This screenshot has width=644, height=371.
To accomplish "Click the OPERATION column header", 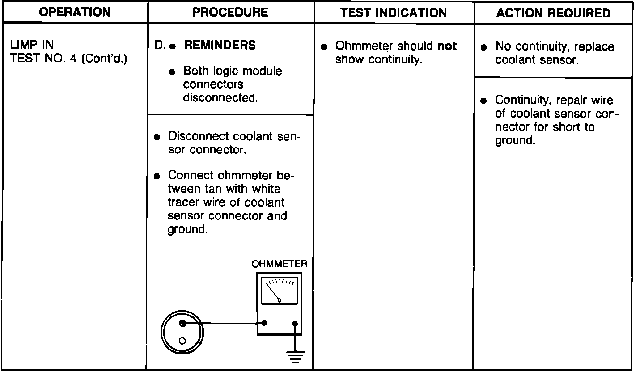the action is pos(75,13).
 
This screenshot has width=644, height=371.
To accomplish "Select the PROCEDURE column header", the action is pos(231,13).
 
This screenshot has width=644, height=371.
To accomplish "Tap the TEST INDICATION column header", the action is pos(394,13).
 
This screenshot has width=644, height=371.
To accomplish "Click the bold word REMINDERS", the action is pos(220,45).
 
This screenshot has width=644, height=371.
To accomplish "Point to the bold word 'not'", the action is pos(447,46).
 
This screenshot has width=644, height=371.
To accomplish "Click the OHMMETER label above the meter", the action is pos(280,264).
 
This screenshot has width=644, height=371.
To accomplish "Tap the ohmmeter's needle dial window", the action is pos(280,291).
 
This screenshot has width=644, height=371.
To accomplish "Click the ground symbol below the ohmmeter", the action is pos(295,355).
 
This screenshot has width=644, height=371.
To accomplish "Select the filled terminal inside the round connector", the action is pos(182,323).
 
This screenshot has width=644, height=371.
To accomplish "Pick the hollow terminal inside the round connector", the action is pos(182,341).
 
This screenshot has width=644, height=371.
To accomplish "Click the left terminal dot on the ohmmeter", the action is pos(264,323).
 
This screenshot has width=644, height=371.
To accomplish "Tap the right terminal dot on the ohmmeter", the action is pos(295,323).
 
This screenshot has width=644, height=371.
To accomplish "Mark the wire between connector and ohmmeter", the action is pos(224,323).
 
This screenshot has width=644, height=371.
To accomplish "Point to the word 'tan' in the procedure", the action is pos(215,189).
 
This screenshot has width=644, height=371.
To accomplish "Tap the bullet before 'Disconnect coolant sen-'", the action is pos(157,137).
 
